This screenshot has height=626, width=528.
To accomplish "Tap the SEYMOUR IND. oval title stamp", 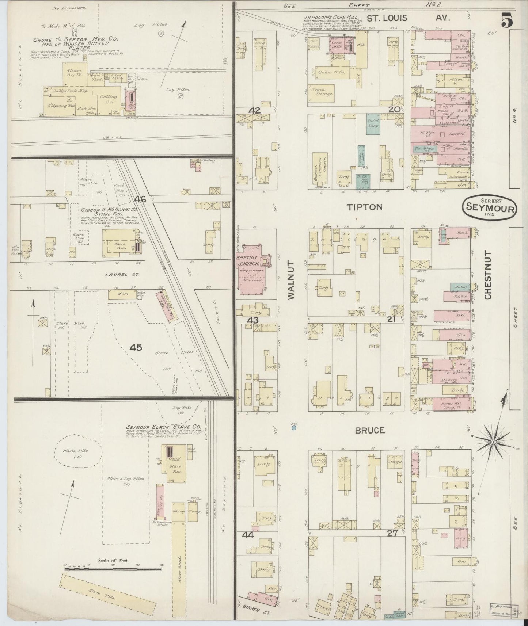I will tap(490, 208).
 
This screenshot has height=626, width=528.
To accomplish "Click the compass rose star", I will tap(492, 442).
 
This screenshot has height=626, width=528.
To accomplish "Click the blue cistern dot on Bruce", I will tap(293, 427).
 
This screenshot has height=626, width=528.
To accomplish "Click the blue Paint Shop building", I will tap(373, 123).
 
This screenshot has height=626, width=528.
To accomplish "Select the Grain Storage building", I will tap(322, 91).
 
